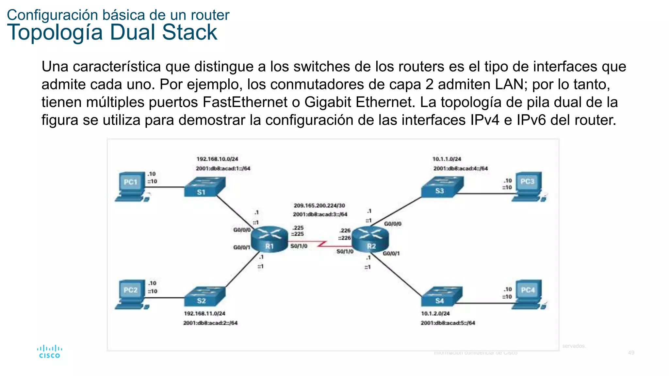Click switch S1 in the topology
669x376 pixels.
click(204, 187)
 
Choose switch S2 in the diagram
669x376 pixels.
click(204, 296)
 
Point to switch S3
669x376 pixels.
click(442, 187)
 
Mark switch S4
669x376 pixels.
click(442, 296)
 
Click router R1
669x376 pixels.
click(269, 240)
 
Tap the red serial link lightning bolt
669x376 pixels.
click(322, 244)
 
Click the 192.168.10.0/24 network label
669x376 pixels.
click(217, 159)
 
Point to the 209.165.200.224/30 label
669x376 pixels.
click(319, 206)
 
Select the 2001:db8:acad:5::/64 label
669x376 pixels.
click(448, 323)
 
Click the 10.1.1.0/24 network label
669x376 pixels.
click(447, 159)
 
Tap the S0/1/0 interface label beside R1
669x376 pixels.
click(299, 246)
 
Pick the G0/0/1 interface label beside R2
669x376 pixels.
click(391, 254)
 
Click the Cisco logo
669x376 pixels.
click(49, 352)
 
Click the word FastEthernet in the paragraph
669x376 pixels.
click(245, 102)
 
